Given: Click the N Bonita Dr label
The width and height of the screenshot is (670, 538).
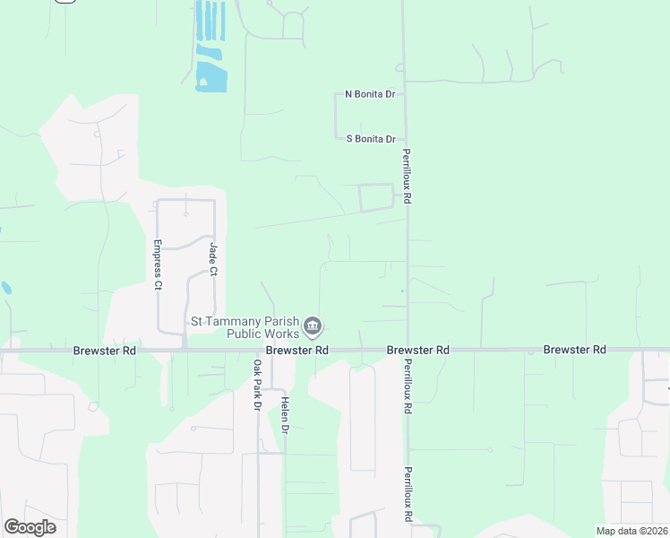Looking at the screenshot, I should tap(370, 94).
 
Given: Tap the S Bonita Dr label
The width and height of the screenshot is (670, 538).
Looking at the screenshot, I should tap(371, 139).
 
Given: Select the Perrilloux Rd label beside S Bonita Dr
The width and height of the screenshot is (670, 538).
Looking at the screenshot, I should tap(407, 176).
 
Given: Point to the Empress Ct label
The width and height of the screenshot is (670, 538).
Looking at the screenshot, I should tap(158, 265).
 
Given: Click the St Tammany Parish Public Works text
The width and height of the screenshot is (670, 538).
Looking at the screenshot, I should tap(245, 327).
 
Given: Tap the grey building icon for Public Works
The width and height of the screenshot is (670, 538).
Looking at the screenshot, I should tap(313, 325).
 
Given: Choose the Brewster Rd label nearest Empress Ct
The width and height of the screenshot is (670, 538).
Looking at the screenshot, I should tap(104, 351).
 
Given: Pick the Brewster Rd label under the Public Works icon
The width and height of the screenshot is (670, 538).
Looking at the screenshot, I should tap(296, 351).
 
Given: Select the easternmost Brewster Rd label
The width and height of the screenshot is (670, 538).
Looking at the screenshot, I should tap(574, 350).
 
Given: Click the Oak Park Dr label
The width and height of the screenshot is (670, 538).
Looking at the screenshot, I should tap(257, 386).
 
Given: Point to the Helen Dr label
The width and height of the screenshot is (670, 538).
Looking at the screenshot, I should tap(285, 417).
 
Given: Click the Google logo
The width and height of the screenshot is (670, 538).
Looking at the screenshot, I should tap(30, 527).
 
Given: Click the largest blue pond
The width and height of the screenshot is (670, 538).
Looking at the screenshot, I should tap(211, 78).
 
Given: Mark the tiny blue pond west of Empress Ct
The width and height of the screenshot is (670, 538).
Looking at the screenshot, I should tap(6, 289).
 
